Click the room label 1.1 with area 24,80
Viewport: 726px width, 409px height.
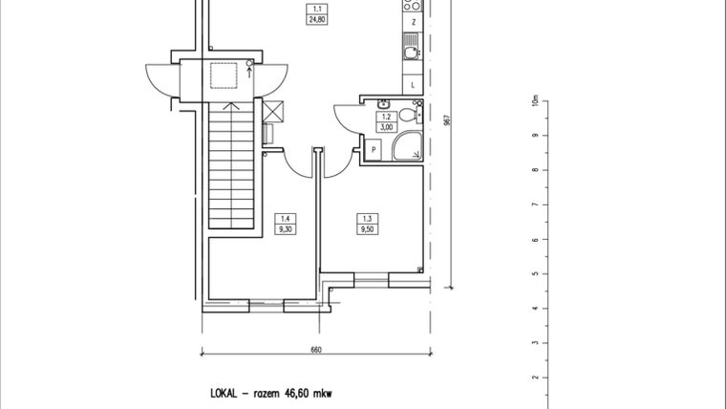[x=311, y=14]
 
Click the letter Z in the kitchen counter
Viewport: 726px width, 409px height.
[x=413, y=21]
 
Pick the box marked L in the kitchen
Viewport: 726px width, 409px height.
[x=412, y=85]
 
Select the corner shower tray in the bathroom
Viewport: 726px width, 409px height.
[x=408, y=145]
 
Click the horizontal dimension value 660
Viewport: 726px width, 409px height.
[x=315, y=350]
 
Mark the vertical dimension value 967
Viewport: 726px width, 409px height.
[x=446, y=120]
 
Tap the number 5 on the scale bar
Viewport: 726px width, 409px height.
[x=536, y=274]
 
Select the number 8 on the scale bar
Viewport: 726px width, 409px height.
[x=536, y=170]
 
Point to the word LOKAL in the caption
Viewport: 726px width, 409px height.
[x=225, y=393]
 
